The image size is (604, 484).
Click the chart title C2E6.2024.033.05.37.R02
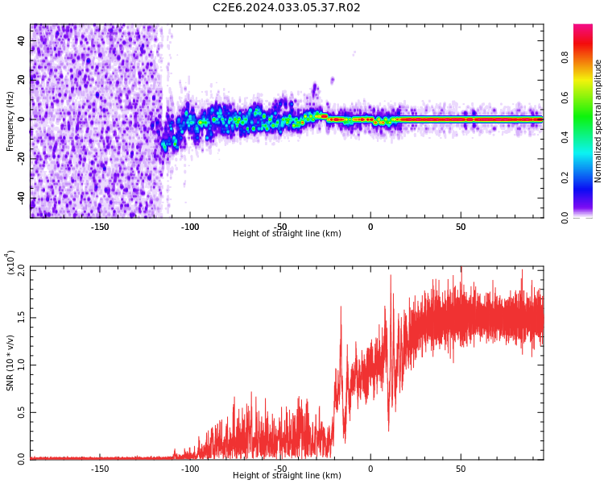pos(286,8)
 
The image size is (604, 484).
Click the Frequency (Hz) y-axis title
pos(10,121)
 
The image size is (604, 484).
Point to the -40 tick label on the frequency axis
pos(20,198)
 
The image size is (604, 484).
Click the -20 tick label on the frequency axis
pos(20,158)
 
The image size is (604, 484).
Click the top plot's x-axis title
pos(287,234)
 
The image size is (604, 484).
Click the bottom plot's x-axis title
pos(287,476)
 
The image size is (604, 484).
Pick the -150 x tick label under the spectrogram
pos(99,227)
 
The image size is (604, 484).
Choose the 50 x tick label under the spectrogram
pos(461,227)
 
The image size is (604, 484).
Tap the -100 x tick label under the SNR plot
pos(189,469)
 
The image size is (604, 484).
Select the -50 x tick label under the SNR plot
pos(280,469)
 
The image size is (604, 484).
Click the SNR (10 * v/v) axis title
pos(10,363)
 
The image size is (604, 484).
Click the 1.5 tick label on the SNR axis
pos(22,319)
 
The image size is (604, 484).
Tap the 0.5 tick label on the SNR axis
pos(22,412)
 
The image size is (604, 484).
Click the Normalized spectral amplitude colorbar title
pos(598,121)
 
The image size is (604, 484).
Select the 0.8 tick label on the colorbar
pos(565,57)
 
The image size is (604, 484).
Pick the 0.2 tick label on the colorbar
pos(565,177)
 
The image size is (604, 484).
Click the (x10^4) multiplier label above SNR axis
pos(11,263)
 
